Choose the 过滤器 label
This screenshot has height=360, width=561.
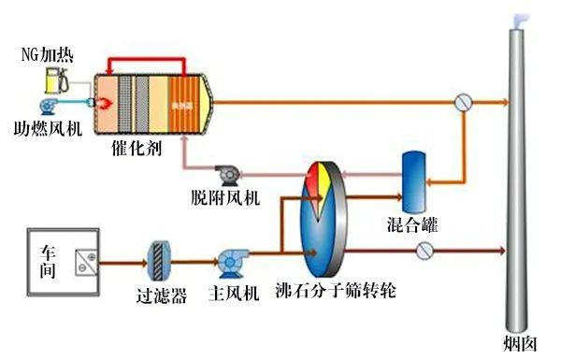pyautogui.click(x=162, y=296)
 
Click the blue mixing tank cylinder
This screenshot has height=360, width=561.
pyautogui.click(x=413, y=180)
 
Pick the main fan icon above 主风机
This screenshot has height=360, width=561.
pyautogui.click(x=229, y=261)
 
